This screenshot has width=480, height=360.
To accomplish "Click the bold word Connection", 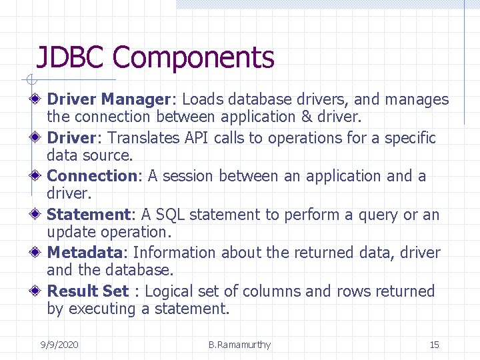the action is (92, 176).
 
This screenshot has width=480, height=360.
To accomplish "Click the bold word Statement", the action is (88, 215).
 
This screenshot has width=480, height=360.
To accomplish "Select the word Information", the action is (175, 253).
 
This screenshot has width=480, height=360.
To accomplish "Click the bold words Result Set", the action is (88, 291).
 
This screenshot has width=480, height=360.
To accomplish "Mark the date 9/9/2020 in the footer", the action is (59, 345).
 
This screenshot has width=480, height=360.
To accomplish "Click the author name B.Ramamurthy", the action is (239, 345).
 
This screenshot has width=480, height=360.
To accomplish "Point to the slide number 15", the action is (434, 345).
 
